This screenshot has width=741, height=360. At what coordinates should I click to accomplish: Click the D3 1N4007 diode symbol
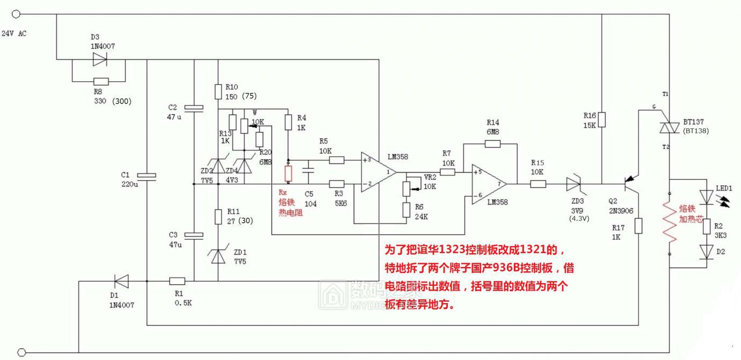[100, 60]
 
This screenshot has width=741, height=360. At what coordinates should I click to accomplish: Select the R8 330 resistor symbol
[100, 82]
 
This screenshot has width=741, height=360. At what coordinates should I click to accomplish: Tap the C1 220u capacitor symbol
[146, 175]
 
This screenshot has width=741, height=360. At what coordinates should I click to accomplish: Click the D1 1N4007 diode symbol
[121, 280]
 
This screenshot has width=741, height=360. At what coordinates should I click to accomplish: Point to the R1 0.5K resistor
[177, 280]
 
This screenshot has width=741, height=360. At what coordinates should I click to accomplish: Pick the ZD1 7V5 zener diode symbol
[218, 256]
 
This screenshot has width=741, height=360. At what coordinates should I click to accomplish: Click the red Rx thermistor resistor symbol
[288, 173]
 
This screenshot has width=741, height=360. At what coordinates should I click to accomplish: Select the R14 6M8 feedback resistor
[492, 143]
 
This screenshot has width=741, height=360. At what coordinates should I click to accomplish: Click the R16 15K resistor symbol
[602, 119]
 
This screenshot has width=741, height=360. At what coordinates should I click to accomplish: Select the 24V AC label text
[14, 34]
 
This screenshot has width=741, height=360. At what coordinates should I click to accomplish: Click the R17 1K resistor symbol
[638, 226]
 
